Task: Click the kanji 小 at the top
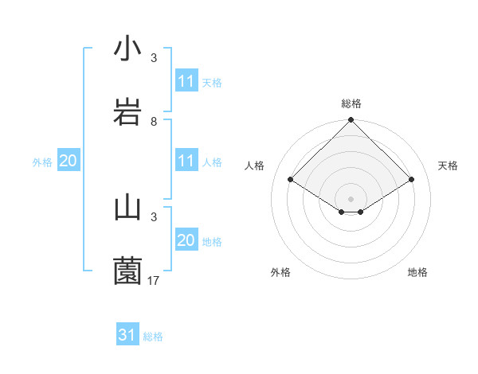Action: (128, 49)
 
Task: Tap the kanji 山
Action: (128, 208)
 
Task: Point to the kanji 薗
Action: (128, 271)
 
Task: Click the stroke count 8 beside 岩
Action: (154, 122)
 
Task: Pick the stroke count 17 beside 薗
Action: (155, 280)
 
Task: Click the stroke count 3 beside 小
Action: (154, 58)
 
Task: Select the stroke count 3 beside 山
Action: (154, 216)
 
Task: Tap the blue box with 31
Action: (127, 336)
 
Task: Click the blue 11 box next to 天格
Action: (186, 81)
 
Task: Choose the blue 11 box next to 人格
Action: (186, 162)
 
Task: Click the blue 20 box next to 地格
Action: (186, 240)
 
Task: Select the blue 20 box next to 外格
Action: (69, 161)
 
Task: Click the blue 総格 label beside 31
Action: (153, 337)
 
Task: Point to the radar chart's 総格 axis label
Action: (351, 103)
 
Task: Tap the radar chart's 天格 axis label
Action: (448, 166)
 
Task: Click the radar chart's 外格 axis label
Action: (280, 272)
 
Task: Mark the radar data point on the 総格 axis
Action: (351, 121)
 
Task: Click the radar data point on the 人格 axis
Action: (291, 180)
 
